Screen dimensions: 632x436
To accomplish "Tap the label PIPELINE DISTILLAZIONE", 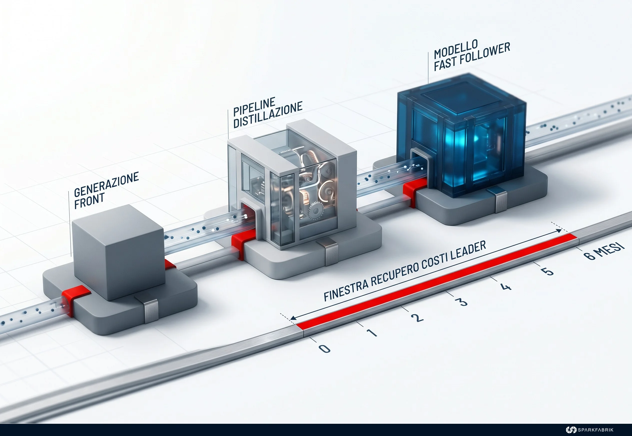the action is (x=268, y=112).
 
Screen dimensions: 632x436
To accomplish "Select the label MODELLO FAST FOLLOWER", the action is (x=472, y=56).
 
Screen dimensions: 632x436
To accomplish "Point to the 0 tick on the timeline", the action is (x=324, y=349).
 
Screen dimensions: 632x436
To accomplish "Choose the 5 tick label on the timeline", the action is (x=547, y=271).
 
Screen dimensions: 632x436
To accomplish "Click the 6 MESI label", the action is (x=604, y=251).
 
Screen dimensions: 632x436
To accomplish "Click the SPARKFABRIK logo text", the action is (x=595, y=430).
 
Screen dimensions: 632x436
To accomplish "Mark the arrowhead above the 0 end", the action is (x=293, y=318).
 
